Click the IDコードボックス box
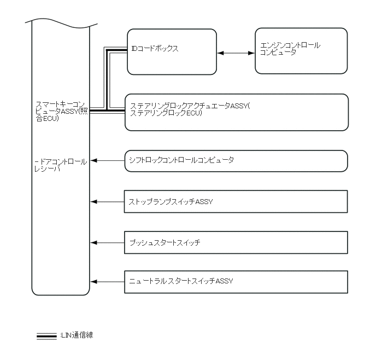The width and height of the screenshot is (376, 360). point(172,51)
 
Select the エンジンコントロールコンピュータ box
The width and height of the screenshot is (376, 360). point(301,50)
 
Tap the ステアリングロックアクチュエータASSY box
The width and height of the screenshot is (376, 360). point(236,112)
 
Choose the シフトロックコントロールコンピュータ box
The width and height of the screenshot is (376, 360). point(236,161)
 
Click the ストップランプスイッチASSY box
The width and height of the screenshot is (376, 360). point(236,202)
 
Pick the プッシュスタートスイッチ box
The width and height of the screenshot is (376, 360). point(236,242)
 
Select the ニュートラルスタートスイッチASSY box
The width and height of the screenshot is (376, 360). point(236,281)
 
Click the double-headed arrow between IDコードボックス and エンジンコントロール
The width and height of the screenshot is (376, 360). point(236,53)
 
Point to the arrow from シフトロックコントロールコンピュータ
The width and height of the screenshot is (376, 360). point(108,161)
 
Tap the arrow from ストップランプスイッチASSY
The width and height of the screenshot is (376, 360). point(108,202)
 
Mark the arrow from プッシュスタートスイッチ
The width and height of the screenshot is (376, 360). point(108,242)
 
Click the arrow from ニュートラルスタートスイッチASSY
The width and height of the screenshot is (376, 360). point(108,281)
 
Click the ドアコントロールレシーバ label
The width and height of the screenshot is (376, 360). point(60,165)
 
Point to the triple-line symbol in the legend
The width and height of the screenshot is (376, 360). point(46,336)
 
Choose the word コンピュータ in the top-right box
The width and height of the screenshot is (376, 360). point(278,53)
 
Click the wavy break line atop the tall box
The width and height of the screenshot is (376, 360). point(61,24)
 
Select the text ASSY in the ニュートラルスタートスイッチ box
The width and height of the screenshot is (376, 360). point(224,281)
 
